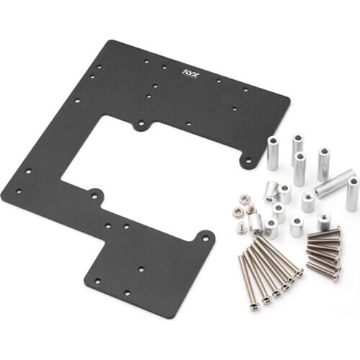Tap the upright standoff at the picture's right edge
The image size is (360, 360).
352,194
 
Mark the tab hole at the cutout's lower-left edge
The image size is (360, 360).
93,193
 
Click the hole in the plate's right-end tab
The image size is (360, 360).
248,158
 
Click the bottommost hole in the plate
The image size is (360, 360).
126,293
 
